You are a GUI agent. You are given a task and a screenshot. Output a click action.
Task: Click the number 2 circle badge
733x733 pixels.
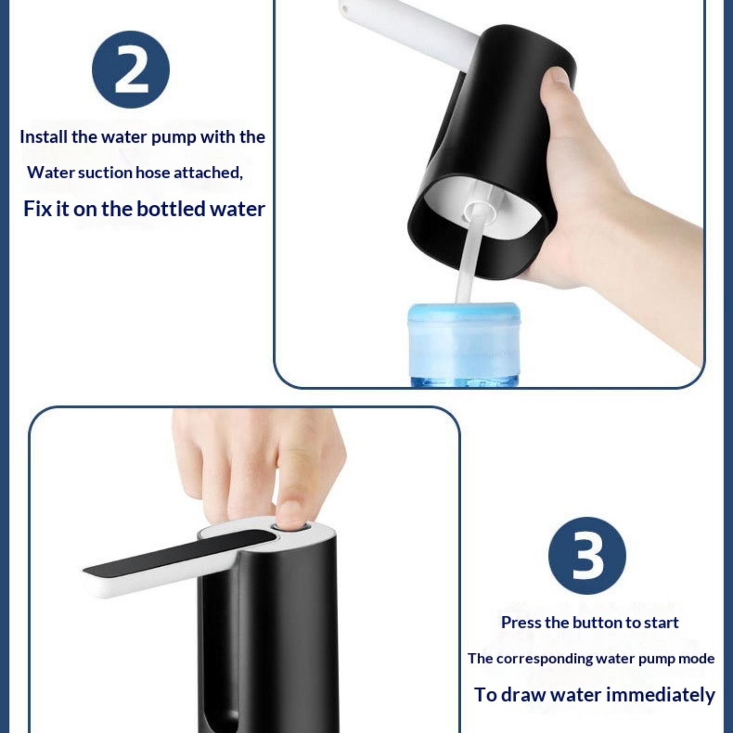click(131, 70)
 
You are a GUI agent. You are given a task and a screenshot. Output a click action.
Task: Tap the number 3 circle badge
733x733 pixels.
click(587, 556)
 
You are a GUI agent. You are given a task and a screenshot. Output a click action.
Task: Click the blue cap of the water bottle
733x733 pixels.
click(464, 317)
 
